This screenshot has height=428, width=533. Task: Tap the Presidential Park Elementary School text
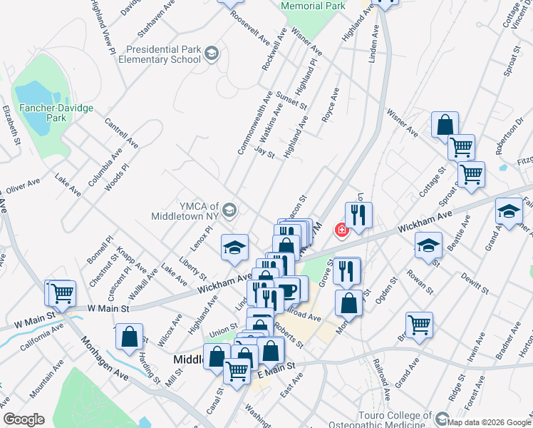(165, 55)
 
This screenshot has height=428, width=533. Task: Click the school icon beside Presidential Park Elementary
(212, 53)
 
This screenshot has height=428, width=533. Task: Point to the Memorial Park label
(314, 6)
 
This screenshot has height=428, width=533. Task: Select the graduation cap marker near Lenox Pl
(235, 246)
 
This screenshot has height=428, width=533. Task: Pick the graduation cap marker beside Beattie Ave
(428, 245)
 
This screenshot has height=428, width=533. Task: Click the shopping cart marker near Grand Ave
(420, 324)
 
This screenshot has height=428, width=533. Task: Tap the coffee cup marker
(288, 290)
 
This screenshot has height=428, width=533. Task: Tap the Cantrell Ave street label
(122, 133)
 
